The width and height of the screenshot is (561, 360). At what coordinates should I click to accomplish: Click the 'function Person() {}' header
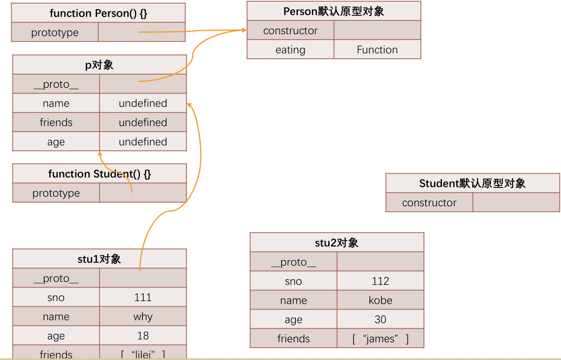click(98, 13)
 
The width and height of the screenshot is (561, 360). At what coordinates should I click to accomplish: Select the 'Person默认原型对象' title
click(334, 11)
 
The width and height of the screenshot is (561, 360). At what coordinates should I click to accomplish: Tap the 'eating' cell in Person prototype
click(290, 50)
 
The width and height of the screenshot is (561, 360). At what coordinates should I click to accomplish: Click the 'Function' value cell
click(377, 50)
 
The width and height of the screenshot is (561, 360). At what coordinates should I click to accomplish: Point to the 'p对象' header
click(99, 65)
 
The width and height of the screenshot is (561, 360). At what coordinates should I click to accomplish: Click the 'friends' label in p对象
click(56, 122)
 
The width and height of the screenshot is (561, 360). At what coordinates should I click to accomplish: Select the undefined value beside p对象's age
click(143, 142)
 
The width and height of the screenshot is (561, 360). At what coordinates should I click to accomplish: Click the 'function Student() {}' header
click(99, 174)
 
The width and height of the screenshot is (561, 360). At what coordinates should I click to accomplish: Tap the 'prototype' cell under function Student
click(56, 193)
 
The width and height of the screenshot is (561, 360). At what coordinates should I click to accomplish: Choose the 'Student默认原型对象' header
click(472, 183)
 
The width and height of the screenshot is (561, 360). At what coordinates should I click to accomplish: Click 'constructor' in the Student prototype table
click(429, 203)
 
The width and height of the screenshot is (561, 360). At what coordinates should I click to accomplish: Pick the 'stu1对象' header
click(99, 259)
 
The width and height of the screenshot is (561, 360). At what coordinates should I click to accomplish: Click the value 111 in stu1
click(143, 297)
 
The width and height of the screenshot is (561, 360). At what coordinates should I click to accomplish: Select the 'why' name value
click(143, 317)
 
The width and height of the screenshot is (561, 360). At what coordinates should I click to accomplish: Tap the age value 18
click(143, 336)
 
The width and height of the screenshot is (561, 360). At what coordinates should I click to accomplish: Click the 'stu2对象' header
click(337, 243)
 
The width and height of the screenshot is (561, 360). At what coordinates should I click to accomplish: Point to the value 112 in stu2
click(380, 281)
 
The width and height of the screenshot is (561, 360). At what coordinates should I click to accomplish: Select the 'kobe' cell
click(380, 300)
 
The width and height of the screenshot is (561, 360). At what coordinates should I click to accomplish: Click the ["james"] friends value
click(380, 339)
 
